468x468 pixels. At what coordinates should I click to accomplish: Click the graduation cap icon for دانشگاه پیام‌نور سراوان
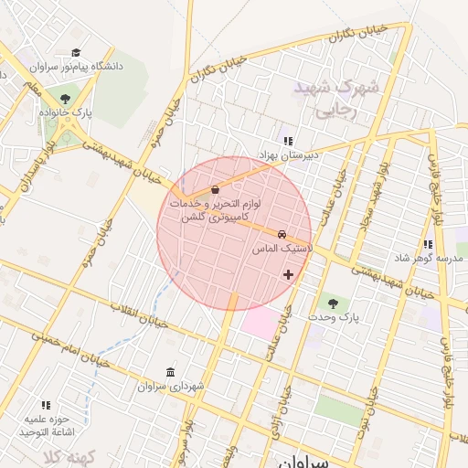pyautogui.click(x=76, y=53)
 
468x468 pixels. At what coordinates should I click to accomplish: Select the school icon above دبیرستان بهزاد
pyautogui.click(x=288, y=141)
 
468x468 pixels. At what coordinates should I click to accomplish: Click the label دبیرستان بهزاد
pyautogui.click(x=287, y=155)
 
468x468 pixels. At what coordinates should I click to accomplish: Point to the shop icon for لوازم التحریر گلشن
pyautogui.click(x=215, y=189)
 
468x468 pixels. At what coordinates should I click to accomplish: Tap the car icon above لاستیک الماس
pyautogui.click(x=282, y=234)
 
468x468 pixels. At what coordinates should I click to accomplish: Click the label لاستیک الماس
pyautogui.click(x=282, y=249)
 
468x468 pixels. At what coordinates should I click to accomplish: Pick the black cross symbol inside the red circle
pyautogui.click(x=289, y=274)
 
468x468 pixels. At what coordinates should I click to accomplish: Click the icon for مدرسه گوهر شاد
pyautogui.click(x=428, y=244)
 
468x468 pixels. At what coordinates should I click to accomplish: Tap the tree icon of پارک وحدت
pyautogui.click(x=332, y=302)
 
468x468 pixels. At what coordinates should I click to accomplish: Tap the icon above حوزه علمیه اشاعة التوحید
pyautogui.click(x=46, y=404)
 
